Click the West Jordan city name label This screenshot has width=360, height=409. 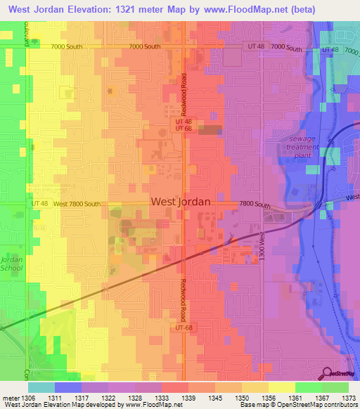(x=180, y=202)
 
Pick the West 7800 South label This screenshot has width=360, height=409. (x=77, y=204)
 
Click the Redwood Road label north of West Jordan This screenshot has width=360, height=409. (x=184, y=90)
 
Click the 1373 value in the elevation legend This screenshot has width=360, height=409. (x=349, y=398)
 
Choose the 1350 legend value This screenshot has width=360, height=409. (x=242, y=398)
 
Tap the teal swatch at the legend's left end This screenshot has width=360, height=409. (x=41, y=387)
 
